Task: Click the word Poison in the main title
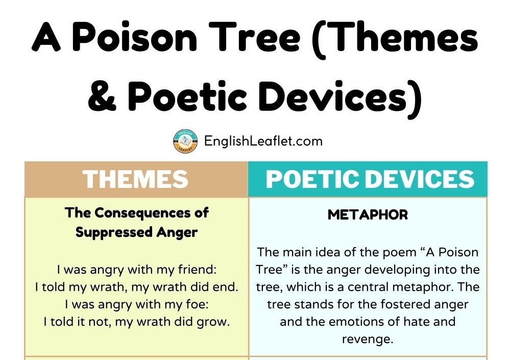tap(134, 36)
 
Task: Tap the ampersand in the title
tap(102, 95)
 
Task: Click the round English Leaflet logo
tap(185, 141)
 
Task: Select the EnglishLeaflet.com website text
tap(263, 141)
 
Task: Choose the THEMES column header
tap(136, 179)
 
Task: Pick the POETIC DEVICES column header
tap(370, 179)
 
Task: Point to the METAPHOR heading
tap(368, 214)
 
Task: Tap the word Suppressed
tap(114, 232)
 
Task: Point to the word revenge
tap(368, 340)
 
